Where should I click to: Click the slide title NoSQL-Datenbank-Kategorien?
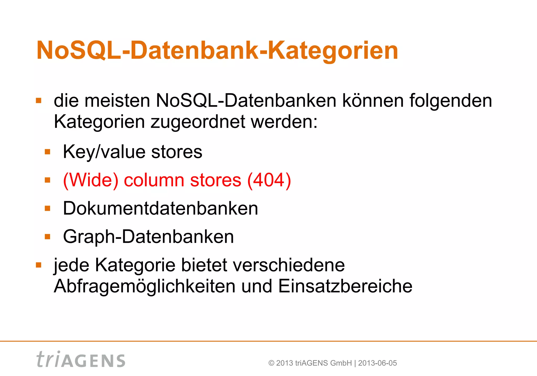click(217, 50)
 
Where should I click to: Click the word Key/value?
click(104, 152)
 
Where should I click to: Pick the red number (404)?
click(269, 180)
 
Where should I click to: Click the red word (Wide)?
click(91, 180)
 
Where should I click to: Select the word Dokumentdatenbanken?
click(160, 208)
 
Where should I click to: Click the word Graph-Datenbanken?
click(148, 237)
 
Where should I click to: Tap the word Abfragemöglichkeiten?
click(144, 286)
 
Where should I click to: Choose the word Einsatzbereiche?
click(345, 286)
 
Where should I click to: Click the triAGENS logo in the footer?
click(81, 359)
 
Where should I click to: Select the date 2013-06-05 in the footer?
click(377, 363)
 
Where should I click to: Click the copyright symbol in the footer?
click(271, 363)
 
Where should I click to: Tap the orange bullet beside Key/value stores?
click(47, 152)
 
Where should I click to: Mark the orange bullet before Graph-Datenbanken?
click(47, 237)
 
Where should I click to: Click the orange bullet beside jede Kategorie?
click(39, 265)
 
